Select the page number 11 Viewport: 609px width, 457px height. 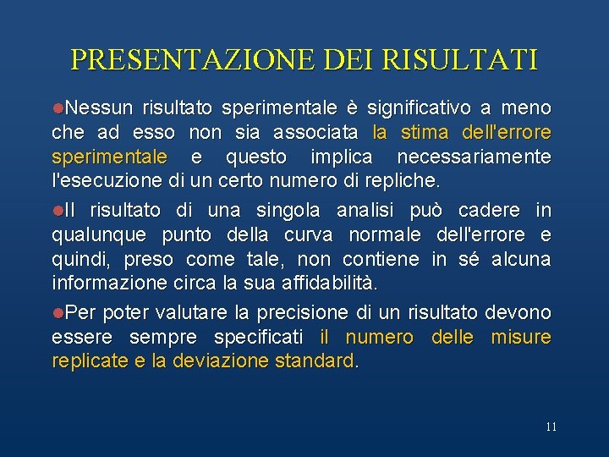[x=551, y=427]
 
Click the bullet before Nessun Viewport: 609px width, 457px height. [x=58, y=108]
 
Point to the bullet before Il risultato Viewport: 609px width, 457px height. [x=58, y=210]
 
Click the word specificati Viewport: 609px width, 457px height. [x=258, y=337]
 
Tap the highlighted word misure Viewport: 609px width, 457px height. [x=521, y=337]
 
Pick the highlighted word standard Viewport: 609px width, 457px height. [x=316, y=361]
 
